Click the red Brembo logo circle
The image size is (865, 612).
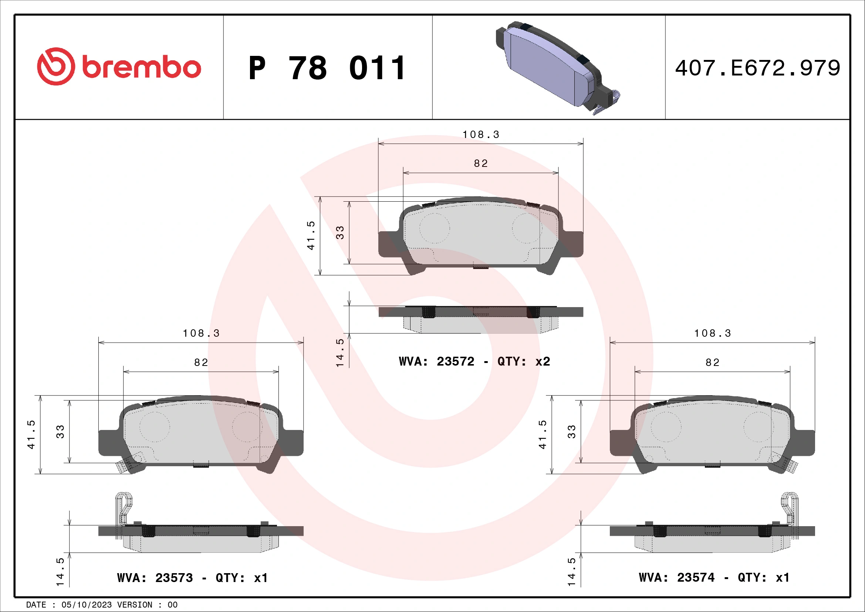[55, 66]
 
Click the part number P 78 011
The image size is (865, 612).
[327, 68]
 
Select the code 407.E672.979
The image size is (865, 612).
[757, 68]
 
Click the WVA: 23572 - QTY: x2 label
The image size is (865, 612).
[474, 362]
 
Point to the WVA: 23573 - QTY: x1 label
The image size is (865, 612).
[192, 578]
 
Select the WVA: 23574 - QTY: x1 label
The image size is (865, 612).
[714, 577]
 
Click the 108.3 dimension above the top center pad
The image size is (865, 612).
[481, 135]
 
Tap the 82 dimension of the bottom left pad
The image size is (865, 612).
[201, 363]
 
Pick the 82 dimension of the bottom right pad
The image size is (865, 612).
[712, 363]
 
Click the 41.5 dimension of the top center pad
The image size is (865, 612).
[311, 236]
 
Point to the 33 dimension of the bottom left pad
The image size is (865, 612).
[60, 431]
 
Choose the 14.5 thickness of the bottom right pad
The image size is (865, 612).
[572, 572]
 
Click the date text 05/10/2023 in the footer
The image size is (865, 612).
[86, 605]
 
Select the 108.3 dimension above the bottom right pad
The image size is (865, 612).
[712, 333]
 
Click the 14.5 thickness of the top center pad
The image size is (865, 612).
[340, 352]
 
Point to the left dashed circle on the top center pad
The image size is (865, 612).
[435, 228]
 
